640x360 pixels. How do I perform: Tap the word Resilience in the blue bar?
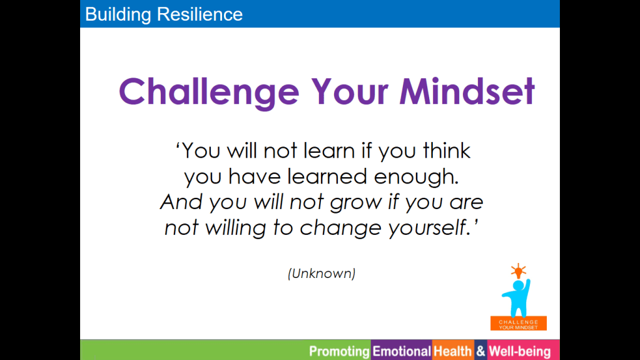click(x=200, y=14)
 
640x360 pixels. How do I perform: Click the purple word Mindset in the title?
click(x=467, y=91)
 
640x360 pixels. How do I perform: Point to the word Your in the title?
click(x=349, y=91)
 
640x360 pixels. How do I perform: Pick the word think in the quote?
click(x=447, y=151)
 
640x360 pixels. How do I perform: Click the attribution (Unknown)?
click(x=322, y=274)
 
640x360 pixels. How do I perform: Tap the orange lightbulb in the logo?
click(x=519, y=270)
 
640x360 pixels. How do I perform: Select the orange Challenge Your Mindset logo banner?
click(x=519, y=323)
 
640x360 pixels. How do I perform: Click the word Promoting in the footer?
click(x=339, y=351)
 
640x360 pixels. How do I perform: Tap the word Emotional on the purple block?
click(x=402, y=351)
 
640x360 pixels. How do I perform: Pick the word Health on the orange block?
click(x=452, y=351)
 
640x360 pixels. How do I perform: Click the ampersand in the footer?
click(x=481, y=351)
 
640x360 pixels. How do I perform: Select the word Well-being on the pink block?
click(x=520, y=351)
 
